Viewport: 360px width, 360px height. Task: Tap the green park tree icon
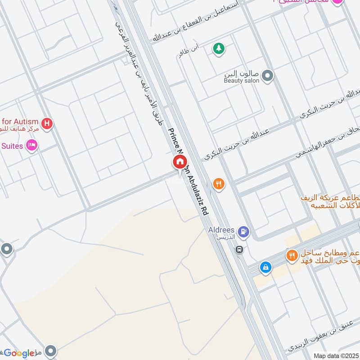219,49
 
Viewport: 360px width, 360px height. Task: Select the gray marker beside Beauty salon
268,76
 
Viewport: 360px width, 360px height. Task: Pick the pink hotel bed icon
31,145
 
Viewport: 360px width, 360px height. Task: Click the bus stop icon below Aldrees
240,249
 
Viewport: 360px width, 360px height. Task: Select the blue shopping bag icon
266,267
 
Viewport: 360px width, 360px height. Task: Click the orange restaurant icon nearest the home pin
219,184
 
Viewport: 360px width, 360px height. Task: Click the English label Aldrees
221,230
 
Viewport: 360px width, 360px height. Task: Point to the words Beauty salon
242,81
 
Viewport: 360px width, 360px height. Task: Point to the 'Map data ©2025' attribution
335,356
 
